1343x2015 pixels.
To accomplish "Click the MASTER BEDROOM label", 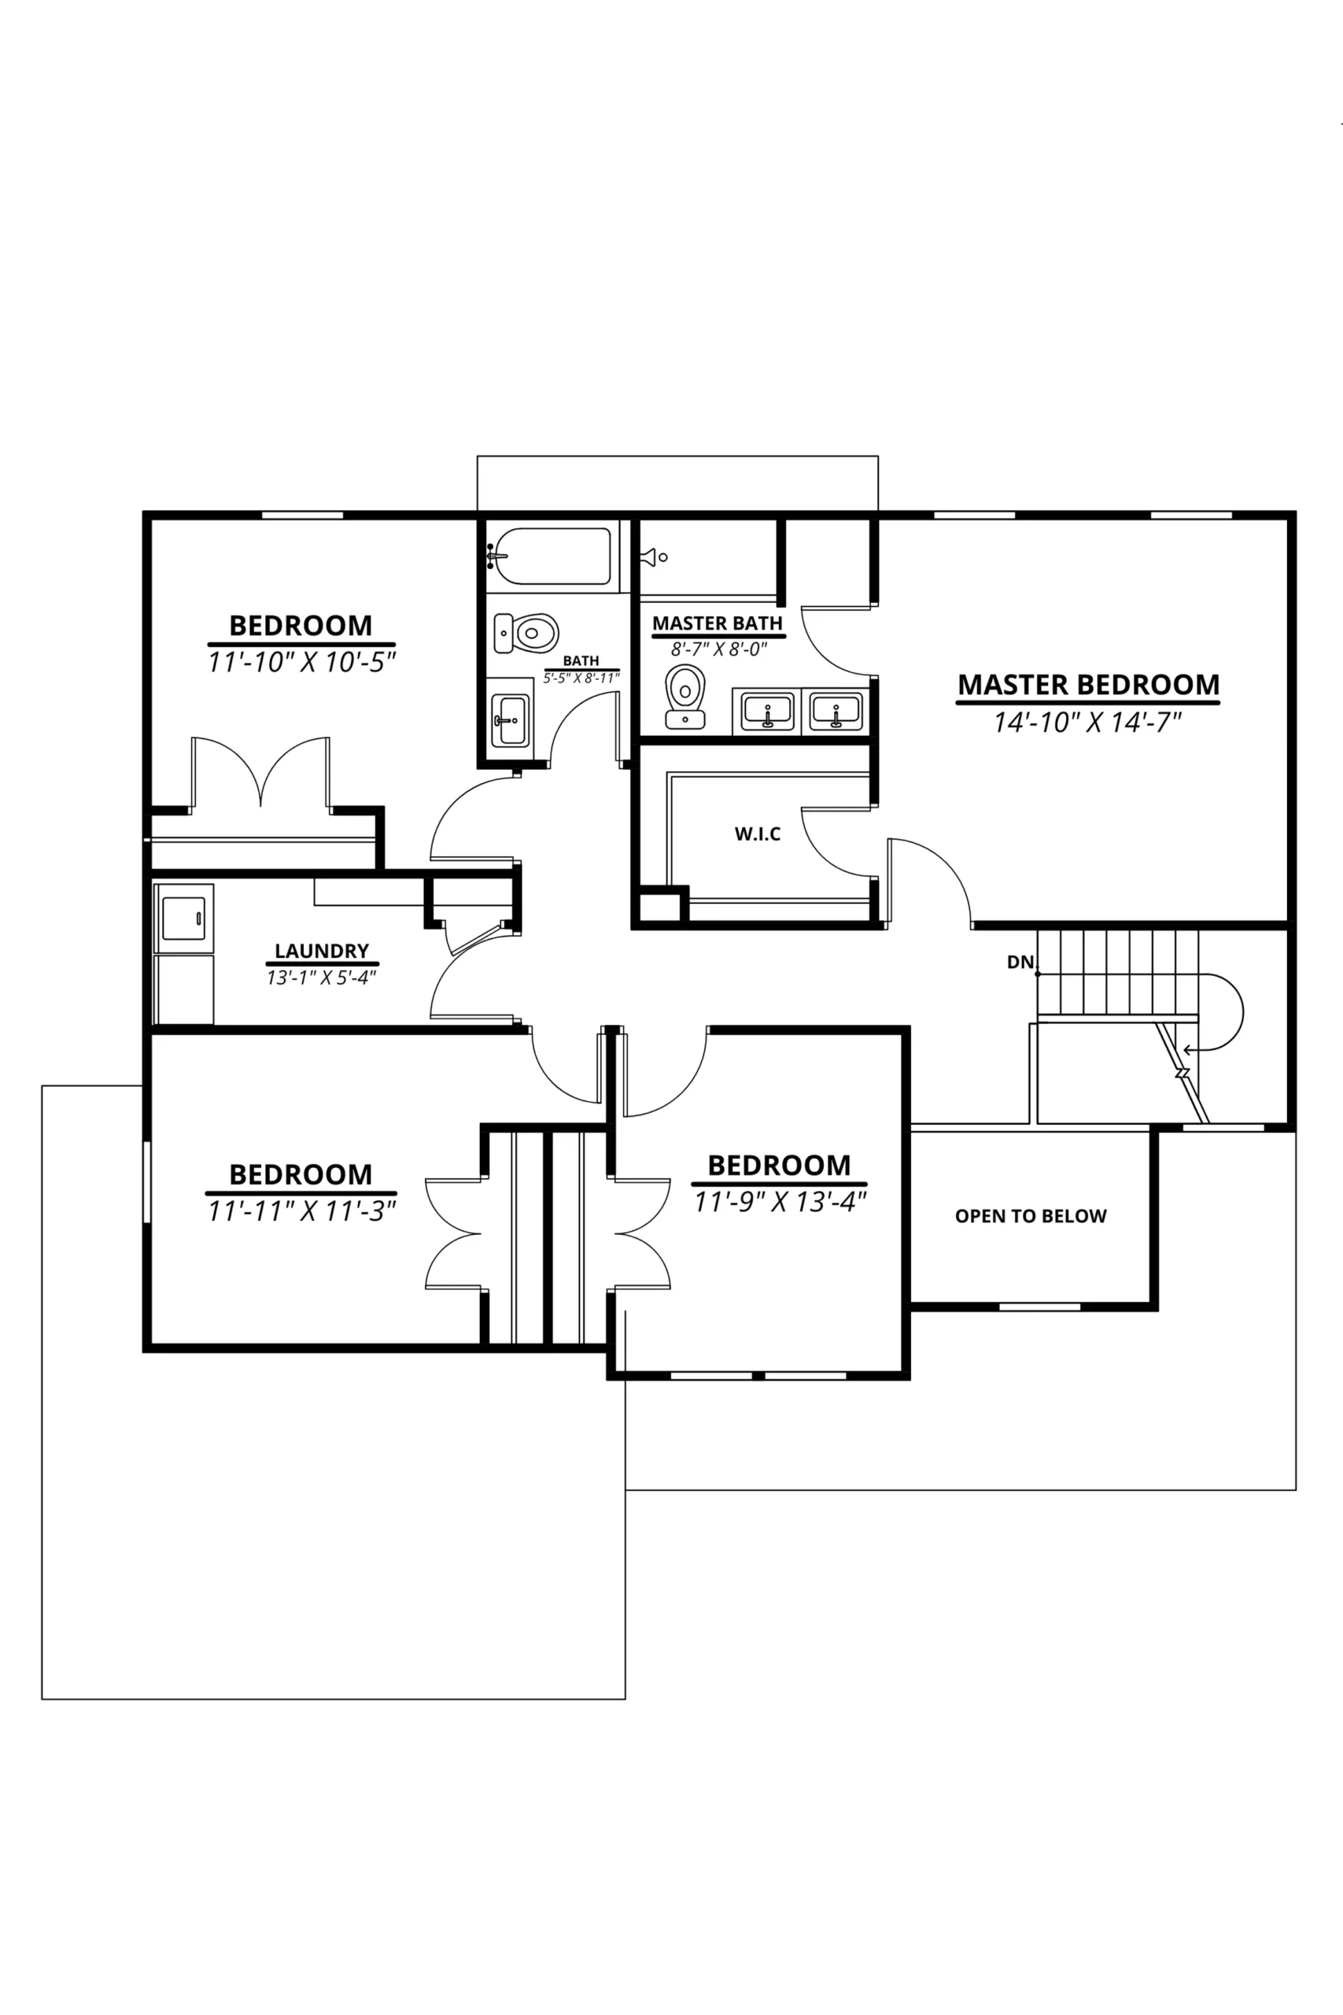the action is click(x=1088, y=685).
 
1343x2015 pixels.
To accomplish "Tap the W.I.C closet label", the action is click(x=757, y=834).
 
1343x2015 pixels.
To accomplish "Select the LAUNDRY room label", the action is click(x=321, y=950).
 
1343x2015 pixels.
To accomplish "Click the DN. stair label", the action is click(x=1022, y=962).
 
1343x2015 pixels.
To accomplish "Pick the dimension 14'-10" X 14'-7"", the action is click(x=1087, y=723).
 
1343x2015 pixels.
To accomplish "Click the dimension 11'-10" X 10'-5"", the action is click(x=301, y=662).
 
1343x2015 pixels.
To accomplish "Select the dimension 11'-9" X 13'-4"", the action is click(x=780, y=1202).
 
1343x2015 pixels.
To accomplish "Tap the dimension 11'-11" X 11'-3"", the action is click(x=301, y=1211).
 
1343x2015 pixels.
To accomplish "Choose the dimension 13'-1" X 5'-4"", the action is click(x=321, y=977).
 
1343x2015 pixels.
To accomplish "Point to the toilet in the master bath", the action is click(x=685, y=697).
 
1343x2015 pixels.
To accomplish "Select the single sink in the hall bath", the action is click(x=511, y=720).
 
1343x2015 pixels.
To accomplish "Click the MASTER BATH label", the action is click(x=718, y=623).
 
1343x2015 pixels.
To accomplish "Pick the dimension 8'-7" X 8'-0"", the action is click(x=718, y=649).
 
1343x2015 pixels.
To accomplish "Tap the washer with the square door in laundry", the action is click(x=183, y=918).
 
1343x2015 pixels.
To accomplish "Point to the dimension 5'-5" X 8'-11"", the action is click(x=581, y=678).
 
